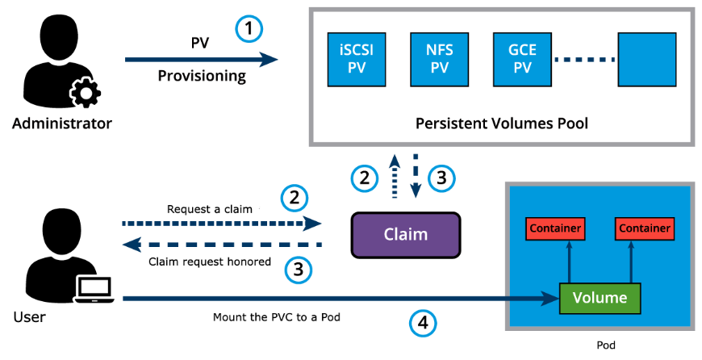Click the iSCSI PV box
[356, 59]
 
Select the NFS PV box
[439, 59]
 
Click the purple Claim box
[406, 235]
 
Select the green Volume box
[600, 298]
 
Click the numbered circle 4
[424, 324]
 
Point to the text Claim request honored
[210, 262]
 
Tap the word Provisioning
[201, 76]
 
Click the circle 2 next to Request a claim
[294, 197]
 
